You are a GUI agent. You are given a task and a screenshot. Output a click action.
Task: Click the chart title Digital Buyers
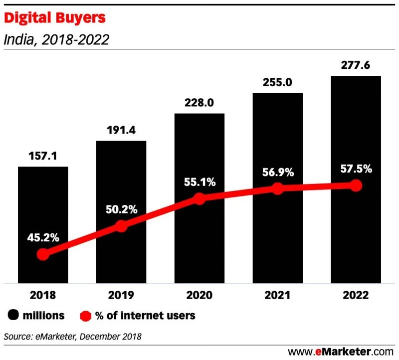tap(55, 18)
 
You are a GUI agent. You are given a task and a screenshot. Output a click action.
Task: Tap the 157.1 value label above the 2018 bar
tap(43, 156)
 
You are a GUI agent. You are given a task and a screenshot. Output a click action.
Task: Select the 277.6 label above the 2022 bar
tap(356, 65)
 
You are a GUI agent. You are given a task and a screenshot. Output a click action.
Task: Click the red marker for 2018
tap(43, 254)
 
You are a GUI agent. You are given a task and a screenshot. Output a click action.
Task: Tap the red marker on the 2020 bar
tap(199, 198)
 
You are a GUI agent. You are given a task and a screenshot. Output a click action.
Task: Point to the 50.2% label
tap(121, 210)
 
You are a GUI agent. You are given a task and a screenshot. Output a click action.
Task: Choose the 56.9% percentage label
tap(277, 173)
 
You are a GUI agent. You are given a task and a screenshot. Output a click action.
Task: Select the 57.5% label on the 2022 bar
tap(356, 169)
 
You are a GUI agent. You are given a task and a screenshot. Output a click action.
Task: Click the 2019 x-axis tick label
tap(121, 295)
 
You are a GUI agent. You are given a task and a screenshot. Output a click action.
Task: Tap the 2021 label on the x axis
tap(277, 295)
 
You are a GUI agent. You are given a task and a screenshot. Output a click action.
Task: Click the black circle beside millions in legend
tap(13, 315)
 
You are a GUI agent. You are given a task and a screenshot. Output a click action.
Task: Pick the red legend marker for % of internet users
tap(85, 315)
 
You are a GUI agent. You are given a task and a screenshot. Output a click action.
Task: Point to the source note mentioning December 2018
tap(73, 337)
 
